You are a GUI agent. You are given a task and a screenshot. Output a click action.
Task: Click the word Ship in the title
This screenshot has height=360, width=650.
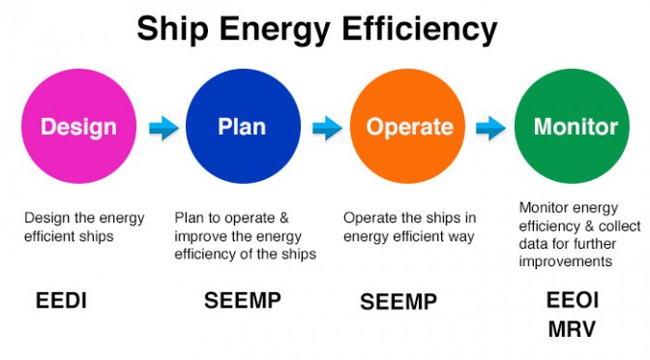172,29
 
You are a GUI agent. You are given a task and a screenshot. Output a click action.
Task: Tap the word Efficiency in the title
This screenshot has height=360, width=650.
419,30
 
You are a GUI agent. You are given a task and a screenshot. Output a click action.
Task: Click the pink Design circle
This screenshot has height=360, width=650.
78,126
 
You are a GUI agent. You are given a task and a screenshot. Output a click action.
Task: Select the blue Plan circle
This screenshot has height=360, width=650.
243,126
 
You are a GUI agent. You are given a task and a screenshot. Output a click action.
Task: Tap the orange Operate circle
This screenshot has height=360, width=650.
407,126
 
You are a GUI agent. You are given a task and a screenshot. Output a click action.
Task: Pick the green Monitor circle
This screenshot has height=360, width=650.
572,126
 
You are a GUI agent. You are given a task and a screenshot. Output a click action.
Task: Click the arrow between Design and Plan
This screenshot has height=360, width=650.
163,128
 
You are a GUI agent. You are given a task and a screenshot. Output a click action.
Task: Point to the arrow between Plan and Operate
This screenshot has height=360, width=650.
327,128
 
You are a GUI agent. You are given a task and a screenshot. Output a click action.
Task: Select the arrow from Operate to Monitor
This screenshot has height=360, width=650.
490,128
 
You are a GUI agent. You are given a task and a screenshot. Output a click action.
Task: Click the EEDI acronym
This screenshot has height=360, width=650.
61,300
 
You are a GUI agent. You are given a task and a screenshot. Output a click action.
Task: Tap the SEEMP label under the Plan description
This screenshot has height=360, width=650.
243,300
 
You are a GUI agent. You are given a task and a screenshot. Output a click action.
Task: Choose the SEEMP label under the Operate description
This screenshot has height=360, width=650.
399,302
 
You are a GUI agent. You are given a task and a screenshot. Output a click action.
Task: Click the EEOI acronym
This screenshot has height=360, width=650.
573,300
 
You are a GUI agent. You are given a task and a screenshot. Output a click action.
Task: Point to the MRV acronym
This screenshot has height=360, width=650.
572,329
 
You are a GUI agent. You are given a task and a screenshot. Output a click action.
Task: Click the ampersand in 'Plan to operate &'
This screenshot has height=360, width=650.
283,218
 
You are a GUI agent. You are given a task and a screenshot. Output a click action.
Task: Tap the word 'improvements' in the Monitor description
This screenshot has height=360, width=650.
566,261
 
